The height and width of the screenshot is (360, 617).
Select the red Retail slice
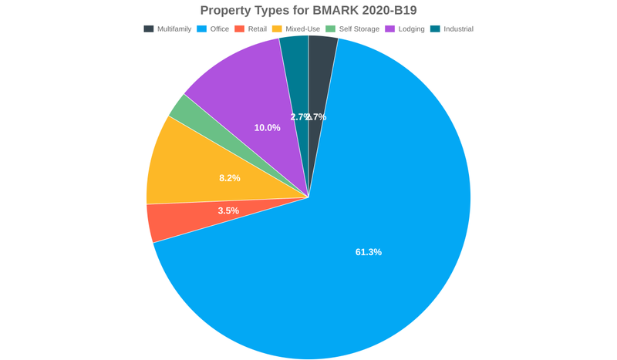tap(174, 220)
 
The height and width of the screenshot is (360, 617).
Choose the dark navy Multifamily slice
tap(320, 77)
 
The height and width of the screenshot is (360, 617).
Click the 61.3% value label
tap(369, 252)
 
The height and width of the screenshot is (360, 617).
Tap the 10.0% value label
tap(268, 127)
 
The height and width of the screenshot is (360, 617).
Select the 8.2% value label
tap(230, 177)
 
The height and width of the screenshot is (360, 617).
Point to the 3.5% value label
tap(228, 210)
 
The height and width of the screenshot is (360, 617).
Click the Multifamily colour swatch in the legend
tap(148, 29)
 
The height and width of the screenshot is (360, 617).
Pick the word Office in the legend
tap(220, 29)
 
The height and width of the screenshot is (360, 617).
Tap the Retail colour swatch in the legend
tap(239, 29)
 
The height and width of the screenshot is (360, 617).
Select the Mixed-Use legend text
tap(304, 29)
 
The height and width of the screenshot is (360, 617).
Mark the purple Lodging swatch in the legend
tap(390, 29)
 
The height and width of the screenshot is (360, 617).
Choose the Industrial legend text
tap(458, 29)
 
